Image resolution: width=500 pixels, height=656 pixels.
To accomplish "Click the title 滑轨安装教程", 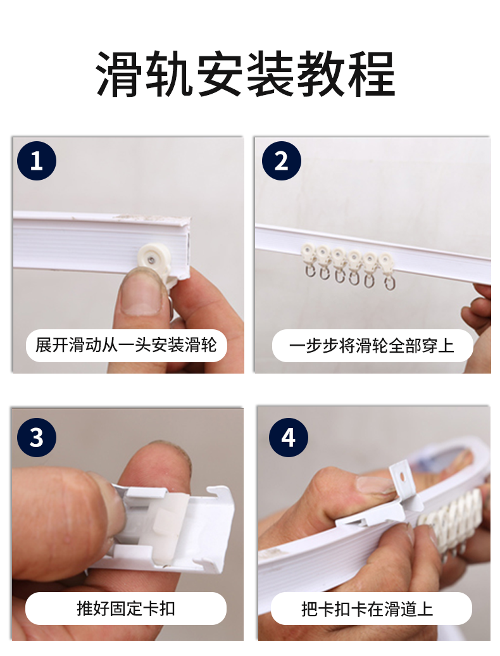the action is click(x=246, y=74).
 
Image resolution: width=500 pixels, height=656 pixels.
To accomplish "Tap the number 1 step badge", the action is click(x=37, y=161).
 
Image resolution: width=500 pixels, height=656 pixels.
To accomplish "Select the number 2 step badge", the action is click(x=282, y=161).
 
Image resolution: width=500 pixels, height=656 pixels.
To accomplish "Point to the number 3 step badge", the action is click(x=37, y=438).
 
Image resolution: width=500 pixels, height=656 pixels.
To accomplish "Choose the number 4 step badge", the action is click(x=289, y=438).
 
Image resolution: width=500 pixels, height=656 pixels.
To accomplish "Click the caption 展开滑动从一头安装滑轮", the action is click(x=126, y=346).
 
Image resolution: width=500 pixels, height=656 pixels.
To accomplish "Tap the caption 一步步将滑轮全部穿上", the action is click(x=372, y=346).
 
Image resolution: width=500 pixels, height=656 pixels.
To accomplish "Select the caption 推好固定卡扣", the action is click(x=126, y=609).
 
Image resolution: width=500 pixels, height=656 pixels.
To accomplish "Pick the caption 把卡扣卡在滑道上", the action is click(x=367, y=609).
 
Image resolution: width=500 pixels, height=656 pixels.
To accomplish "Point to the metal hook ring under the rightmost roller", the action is click(x=389, y=283).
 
